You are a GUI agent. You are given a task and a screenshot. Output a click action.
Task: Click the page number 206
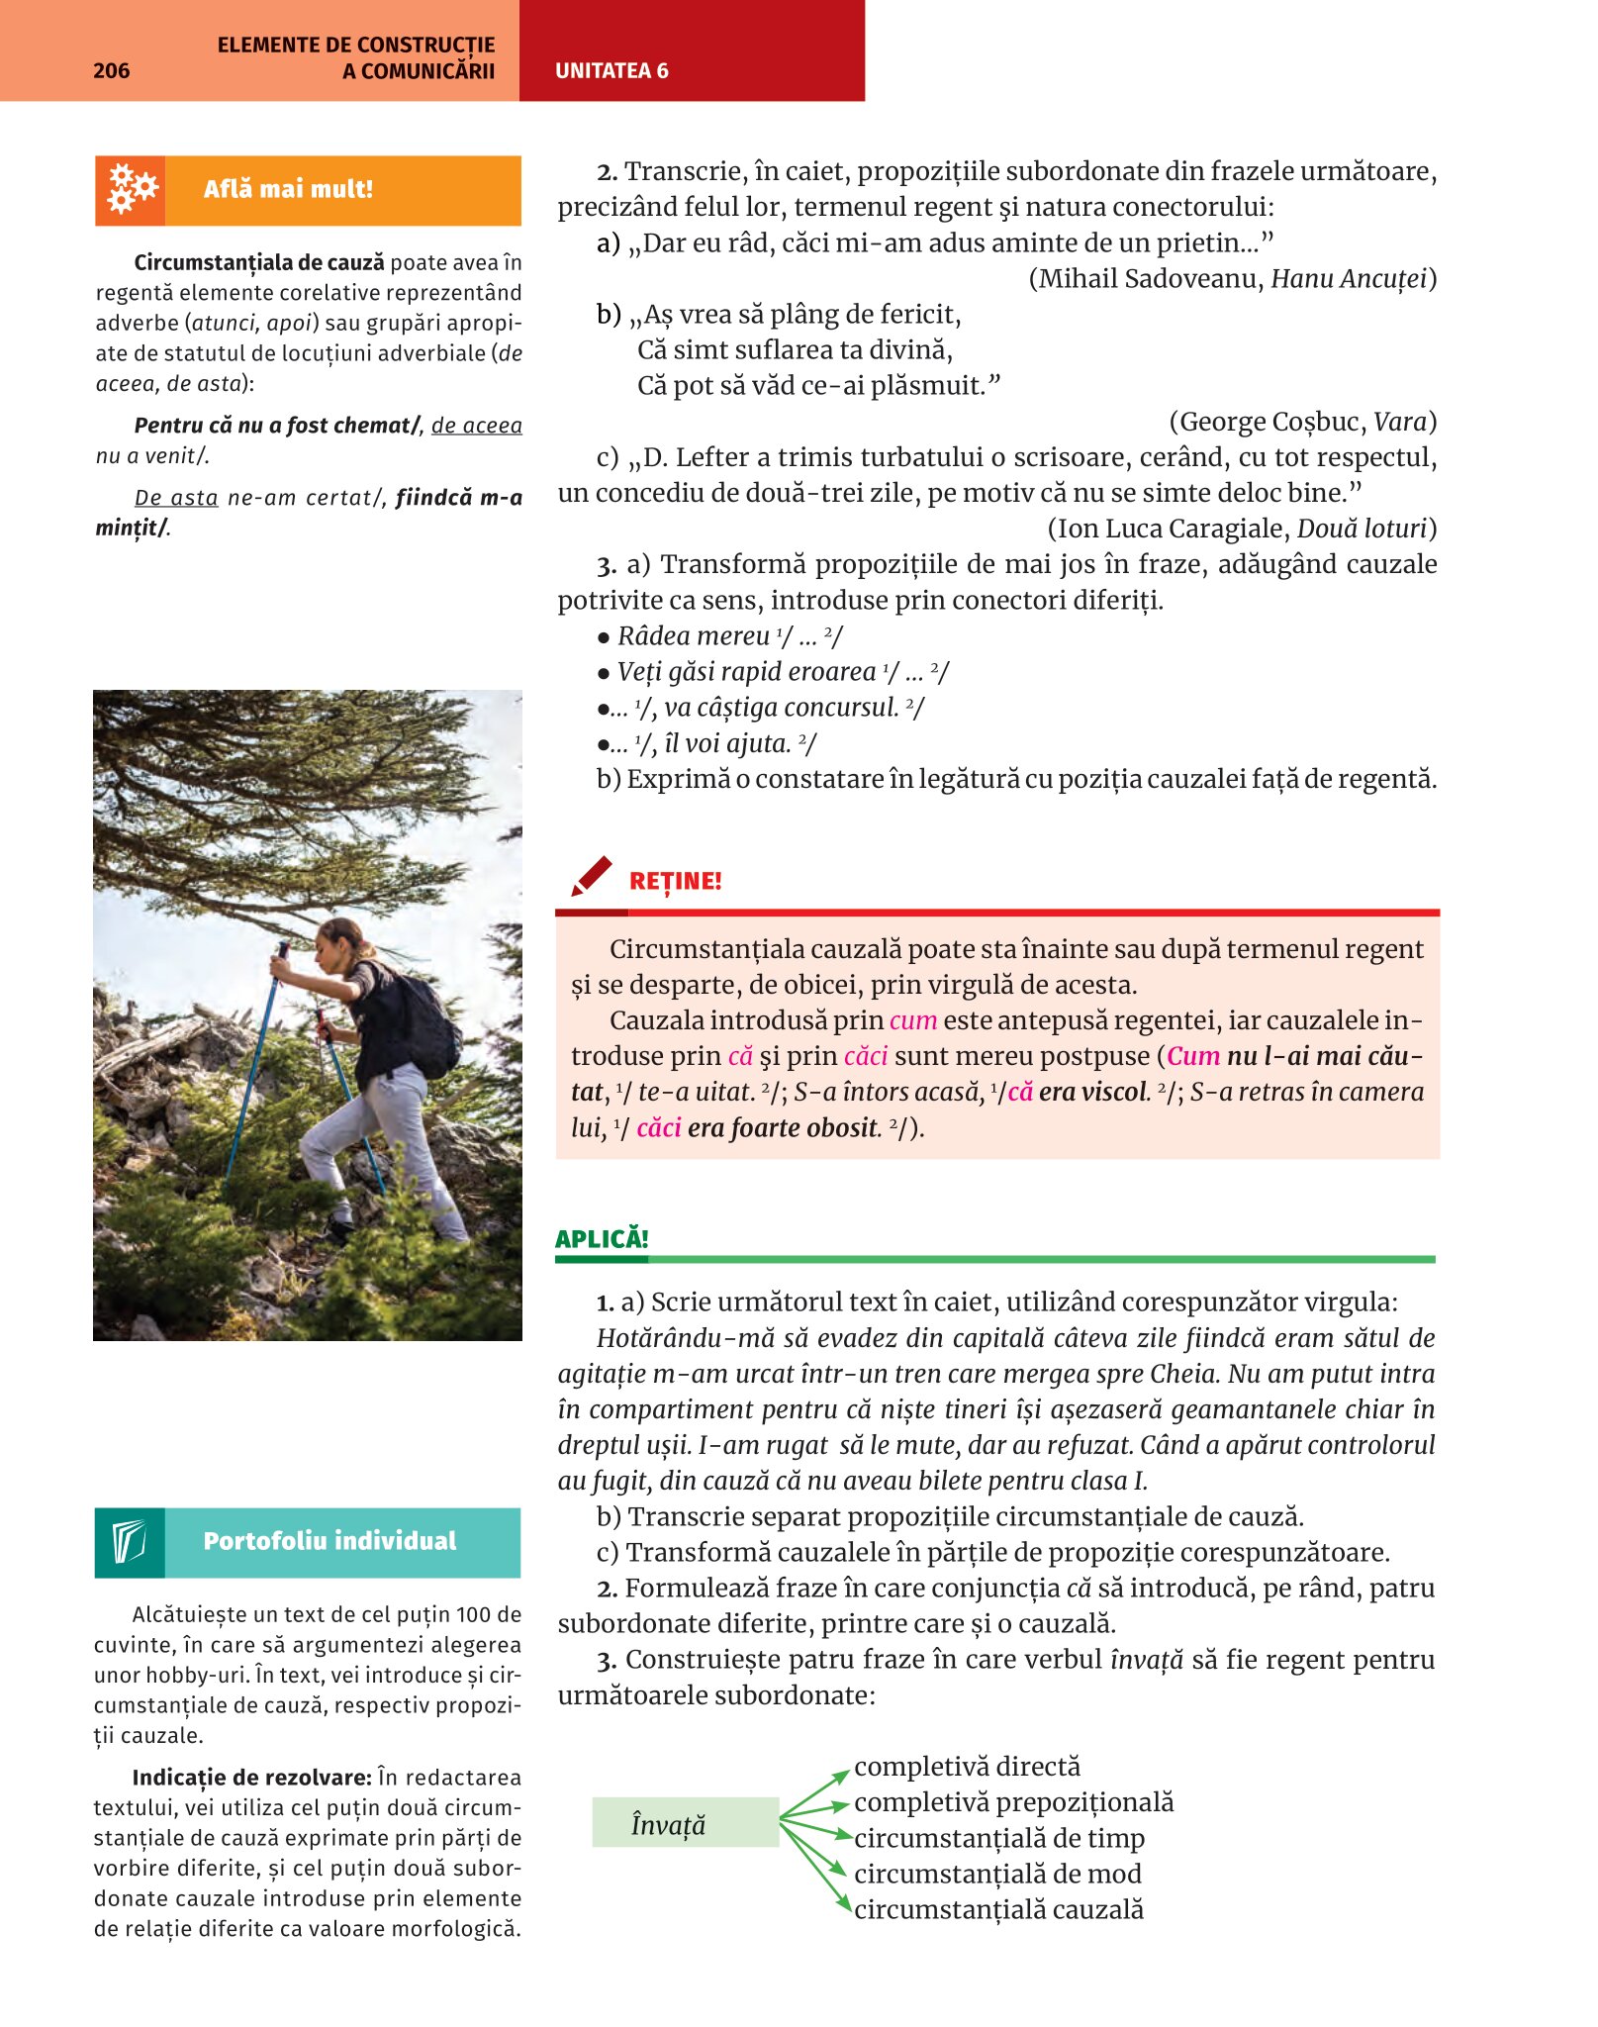111,70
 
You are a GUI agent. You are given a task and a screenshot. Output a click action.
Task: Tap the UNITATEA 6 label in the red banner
611,70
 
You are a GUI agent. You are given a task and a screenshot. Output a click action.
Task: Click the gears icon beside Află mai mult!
131,189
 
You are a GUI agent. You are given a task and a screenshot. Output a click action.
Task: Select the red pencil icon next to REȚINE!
592,877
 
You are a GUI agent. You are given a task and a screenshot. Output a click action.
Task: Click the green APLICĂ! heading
602,1238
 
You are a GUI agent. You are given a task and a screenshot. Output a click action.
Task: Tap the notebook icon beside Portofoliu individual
130,1542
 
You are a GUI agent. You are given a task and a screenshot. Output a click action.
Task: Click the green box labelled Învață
685,1822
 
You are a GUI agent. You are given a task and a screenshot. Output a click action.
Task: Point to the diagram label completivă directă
967,1767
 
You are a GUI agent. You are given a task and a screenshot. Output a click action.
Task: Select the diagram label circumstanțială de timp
998,1838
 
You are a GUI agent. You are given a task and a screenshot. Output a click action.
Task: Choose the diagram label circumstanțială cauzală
997,1909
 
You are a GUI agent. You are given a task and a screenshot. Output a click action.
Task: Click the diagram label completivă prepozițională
1013,1802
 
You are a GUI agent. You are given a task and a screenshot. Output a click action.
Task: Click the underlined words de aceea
476,426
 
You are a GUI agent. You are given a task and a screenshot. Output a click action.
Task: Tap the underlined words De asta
176,498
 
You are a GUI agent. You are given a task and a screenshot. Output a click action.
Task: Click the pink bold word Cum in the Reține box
1193,1056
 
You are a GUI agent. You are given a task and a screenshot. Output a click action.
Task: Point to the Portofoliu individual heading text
329,1541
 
